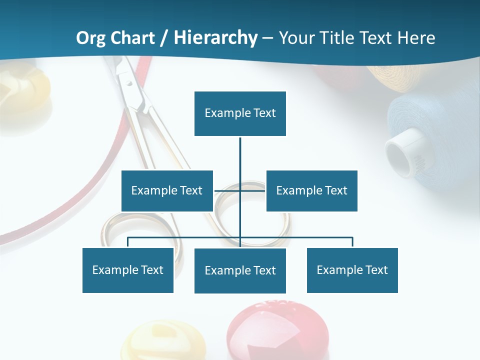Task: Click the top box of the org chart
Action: click(x=240, y=113)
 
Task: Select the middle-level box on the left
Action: click(x=167, y=190)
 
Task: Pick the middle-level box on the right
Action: click(x=311, y=190)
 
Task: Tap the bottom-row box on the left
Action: click(x=128, y=270)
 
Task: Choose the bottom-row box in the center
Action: click(x=240, y=270)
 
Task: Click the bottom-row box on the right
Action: click(x=352, y=270)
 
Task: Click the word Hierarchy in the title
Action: click(x=215, y=37)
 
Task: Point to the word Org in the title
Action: click(x=90, y=37)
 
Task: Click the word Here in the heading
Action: click(x=415, y=37)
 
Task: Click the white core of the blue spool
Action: click(x=402, y=152)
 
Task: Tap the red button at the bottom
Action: click(x=277, y=330)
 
